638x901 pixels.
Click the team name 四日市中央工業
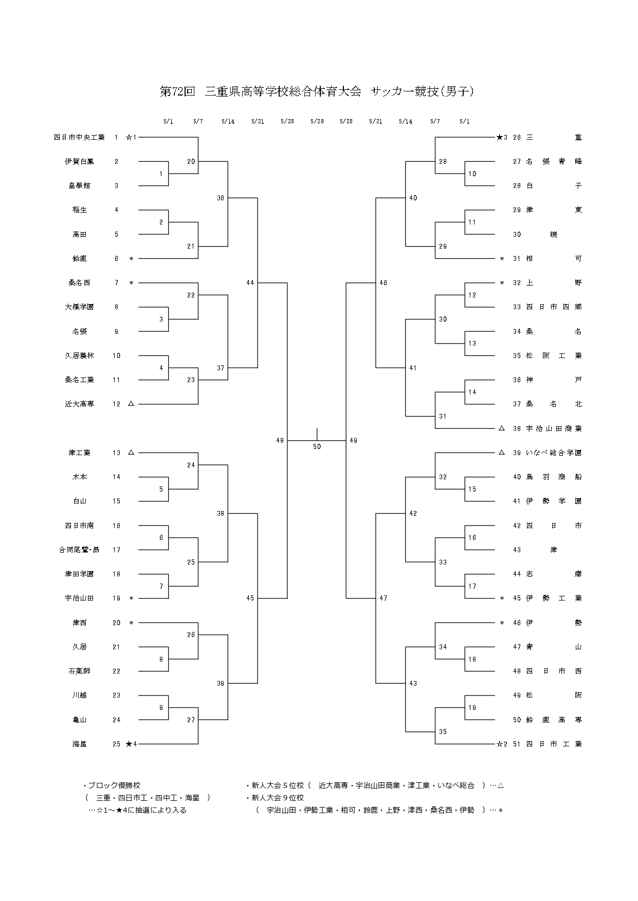pos(79,137)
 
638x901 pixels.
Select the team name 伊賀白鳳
pos(79,161)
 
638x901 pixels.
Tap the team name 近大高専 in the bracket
pos(79,404)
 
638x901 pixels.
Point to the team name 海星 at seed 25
pos(79,744)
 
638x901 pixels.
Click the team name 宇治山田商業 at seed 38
pos(554,428)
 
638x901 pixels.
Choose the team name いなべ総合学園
pos(554,453)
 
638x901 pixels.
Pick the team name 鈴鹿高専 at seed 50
pos(554,720)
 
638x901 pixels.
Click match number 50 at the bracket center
pos(317,447)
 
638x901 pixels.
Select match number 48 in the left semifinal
pos(280,440)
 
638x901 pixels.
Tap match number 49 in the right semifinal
pos(353,440)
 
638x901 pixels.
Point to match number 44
pos(250,283)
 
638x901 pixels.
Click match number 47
pos(383,598)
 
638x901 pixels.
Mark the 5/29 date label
pos(317,122)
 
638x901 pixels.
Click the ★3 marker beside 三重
pos(502,137)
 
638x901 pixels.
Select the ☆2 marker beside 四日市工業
pos(502,744)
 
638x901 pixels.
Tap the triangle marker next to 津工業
pos(131,453)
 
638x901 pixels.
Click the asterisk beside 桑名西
pos(131,283)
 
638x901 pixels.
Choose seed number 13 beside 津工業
pos(116,453)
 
